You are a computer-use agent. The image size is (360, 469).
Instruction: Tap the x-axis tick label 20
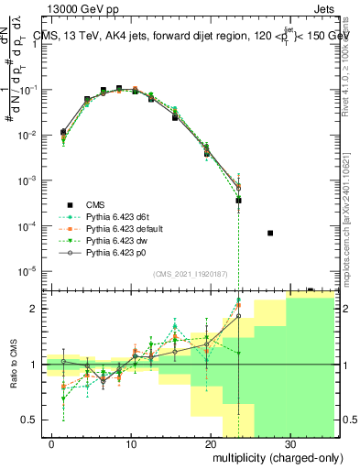click(210, 442)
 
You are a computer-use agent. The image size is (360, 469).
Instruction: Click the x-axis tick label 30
click(289, 442)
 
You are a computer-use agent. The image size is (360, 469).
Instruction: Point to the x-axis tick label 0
click(51, 442)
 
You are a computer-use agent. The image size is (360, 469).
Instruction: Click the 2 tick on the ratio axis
click(38, 309)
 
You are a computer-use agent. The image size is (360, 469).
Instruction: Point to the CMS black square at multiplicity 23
click(238, 200)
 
